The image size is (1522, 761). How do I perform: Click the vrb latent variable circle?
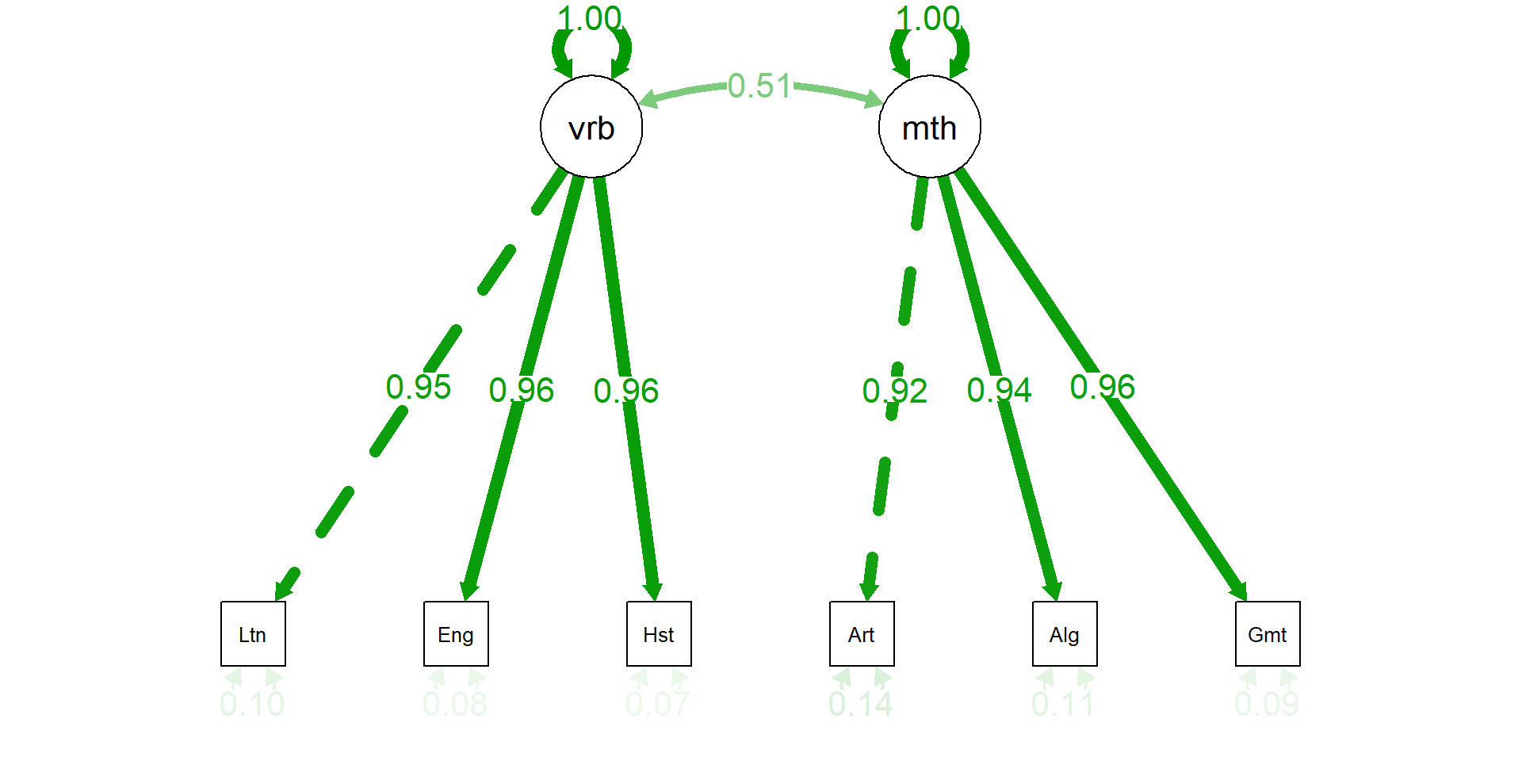pyautogui.click(x=591, y=127)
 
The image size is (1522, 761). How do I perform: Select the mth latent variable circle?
pyautogui.click(x=930, y=127)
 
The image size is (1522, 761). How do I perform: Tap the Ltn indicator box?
pyautogui.click(x=253, y=634)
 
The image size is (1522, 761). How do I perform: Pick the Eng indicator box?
pyautogui.click(x=456, y=634)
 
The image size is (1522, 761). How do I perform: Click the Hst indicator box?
pyautogui.click(x=659, y=634)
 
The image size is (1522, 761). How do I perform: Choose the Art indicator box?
pyautogui.click(x=862, y=634)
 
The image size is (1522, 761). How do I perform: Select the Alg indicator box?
pyautogui.click(x=1065, y=634)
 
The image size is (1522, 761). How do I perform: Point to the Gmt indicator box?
pyautogui.click(x=1268, y=634)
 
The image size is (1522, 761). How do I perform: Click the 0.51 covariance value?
pyautogui.click(x=759, y=86)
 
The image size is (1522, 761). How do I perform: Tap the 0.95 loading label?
pyautogui.click(x=419, y=388)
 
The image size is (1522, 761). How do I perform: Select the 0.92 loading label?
pyautogui.click(x=895, y=391)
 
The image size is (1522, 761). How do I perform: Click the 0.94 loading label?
pyautogui.click(x=1000, y=390)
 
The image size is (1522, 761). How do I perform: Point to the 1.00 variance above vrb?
pyautogui.click(x=590, y=19)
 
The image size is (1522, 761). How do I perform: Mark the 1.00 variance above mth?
pyautogui.click(x=928, y=19)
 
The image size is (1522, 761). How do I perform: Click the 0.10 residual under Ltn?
pyautogui.click(x=252, y=704)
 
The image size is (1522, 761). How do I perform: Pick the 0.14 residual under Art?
pyautogui.click(x=861, y=704)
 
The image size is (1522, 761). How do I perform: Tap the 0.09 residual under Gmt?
pyautogui.click(x=1267, y=704)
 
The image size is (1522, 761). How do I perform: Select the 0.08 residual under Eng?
pyautogui.click(x=455, y=704)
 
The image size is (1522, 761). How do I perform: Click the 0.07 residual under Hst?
pyautogui.click(x=658, y=704)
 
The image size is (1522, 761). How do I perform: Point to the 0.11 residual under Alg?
pyautogui.click(x=1064, y=704)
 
